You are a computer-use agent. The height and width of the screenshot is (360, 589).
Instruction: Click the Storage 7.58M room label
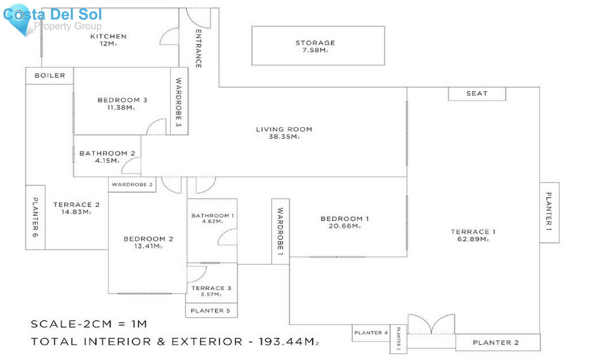[315, 46]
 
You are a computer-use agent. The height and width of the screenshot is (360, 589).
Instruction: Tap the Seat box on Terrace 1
[477, 94]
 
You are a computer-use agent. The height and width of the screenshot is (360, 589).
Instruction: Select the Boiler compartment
[50, 76]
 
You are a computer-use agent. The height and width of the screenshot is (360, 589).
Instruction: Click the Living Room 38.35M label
[284, 133]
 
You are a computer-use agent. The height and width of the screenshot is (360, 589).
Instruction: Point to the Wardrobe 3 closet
[179, 102]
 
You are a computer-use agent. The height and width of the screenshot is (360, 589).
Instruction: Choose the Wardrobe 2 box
[132, 185]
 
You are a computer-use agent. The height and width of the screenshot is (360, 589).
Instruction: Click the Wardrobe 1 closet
[280, 231]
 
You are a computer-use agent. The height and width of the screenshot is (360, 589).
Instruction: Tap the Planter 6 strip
[35, 217]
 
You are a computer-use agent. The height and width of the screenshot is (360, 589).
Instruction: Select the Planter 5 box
[211, 311]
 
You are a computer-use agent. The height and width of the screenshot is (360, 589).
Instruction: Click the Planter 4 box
[371, 333]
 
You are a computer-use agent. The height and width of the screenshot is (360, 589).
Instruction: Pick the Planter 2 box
[496, 343]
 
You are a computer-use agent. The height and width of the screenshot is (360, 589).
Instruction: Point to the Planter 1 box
[549, 212]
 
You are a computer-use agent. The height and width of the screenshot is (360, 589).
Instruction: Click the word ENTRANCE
[198, 48]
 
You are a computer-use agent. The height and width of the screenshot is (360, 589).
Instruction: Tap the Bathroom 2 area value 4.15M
[107, 161]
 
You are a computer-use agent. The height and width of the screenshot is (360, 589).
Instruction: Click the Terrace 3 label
[211, 288]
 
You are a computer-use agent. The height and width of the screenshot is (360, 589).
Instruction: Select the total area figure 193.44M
[288, 342]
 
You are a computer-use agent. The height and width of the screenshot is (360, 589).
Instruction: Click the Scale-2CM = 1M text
[89, 324]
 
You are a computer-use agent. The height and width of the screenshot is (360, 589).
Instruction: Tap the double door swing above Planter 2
[431, 324]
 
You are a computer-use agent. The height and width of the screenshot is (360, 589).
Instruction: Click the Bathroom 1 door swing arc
[227, 237]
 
